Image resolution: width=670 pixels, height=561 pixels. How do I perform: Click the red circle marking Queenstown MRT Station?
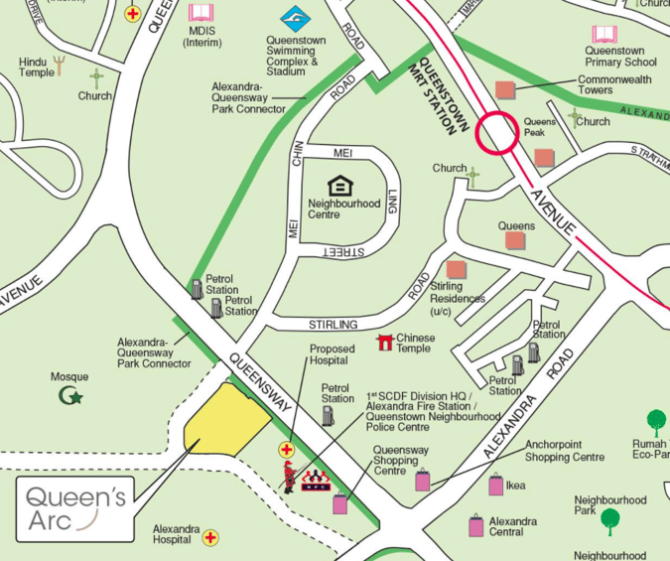click(496, 133)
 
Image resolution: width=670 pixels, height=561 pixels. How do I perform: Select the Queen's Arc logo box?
click(75, 507)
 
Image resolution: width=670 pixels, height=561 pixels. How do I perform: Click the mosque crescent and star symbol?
click(71, 397)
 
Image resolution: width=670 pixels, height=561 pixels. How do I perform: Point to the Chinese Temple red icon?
click(384, 343)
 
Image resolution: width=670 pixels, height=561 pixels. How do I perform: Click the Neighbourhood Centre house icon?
click(339, 186)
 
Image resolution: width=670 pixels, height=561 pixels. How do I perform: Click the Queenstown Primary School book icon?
click(604, 35)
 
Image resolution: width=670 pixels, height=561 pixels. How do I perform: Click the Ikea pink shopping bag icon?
click(495, 485)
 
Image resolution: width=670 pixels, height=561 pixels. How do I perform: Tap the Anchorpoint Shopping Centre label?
click(564, 451)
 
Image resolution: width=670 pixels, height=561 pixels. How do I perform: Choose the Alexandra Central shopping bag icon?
click(476, 524)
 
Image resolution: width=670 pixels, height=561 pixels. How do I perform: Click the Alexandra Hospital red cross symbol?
click(210, 538)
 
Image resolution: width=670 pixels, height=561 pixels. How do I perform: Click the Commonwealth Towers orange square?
click(505, 90)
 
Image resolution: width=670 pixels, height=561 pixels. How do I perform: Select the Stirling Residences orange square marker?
click(456, 270)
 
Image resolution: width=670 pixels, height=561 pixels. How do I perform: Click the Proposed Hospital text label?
click(332, 355)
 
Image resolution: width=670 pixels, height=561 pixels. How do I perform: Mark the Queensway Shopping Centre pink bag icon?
click(340, 503)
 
